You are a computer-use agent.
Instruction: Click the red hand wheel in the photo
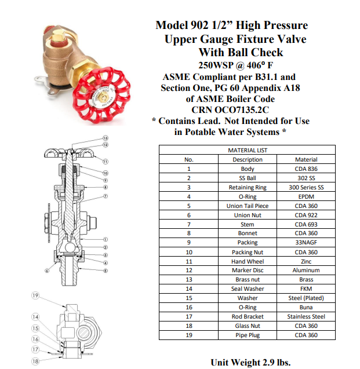click(101, 95)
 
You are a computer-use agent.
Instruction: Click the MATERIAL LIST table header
click(248, 150)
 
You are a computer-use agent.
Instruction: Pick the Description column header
click(248, 159)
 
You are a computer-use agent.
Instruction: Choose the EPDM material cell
click(306, 197)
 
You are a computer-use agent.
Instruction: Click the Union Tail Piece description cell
click(248, 206)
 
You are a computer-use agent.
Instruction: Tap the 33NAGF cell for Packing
click(306, 242)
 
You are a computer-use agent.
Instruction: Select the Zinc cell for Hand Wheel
click(306, 261)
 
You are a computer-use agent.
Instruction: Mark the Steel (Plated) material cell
click(306, 298)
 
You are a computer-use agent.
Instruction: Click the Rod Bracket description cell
click(248, 317)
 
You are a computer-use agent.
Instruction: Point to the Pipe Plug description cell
click(248, 335)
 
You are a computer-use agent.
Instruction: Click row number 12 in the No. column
click(189, 271)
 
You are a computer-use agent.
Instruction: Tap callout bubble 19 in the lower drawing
click(35, 295)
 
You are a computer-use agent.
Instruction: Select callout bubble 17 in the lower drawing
click(35, 349)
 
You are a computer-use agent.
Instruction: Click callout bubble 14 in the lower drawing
click(35, 317)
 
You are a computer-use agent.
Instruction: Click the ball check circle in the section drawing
click(70, 248)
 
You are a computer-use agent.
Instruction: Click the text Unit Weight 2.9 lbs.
click(250, 363)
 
